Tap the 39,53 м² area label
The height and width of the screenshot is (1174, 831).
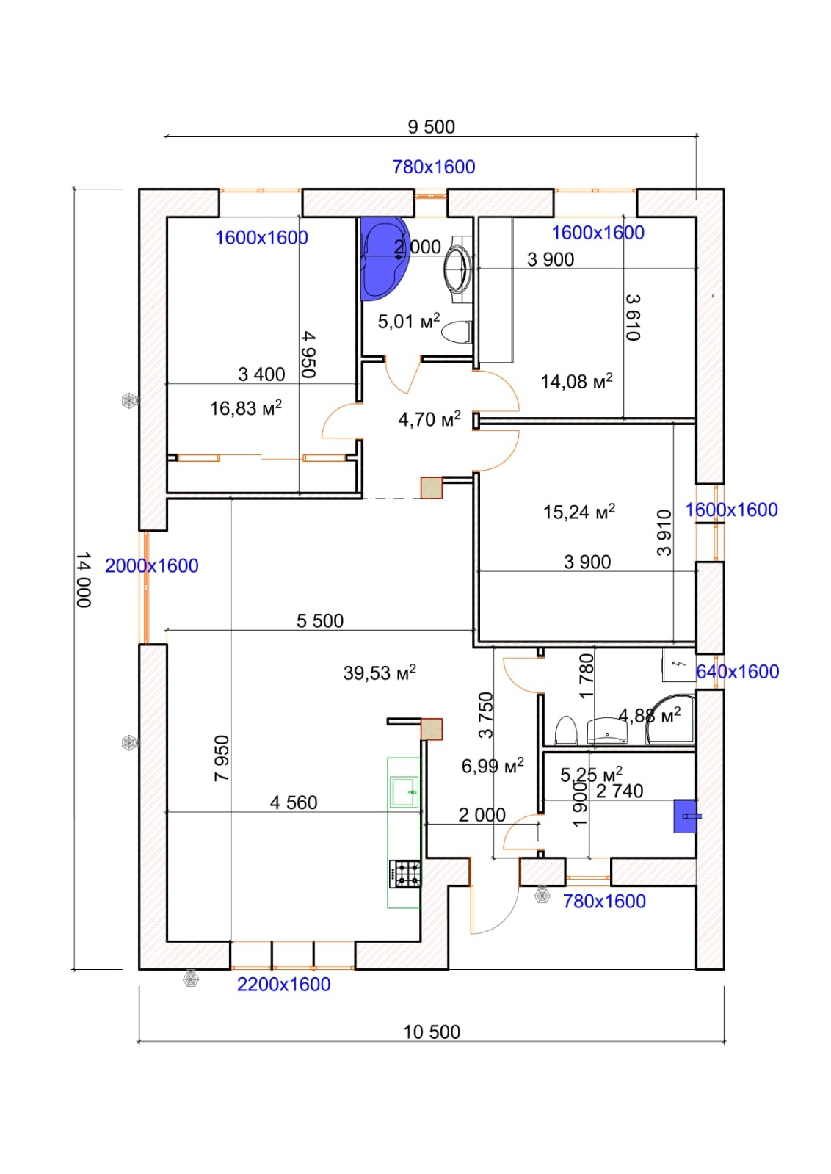point(380,673)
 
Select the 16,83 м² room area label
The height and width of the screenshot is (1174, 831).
point(246,407)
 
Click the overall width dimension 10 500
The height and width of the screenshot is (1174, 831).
point(432,1032)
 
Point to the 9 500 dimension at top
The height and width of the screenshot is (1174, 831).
point(432,127)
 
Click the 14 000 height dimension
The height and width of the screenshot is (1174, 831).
point(84,580)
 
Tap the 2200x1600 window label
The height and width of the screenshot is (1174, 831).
point(283,984)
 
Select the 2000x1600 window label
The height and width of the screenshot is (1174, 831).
point(152,565)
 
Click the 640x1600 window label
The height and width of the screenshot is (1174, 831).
point(737,671)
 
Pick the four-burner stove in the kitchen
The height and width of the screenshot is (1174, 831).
point(405,874)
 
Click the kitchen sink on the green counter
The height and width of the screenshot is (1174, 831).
point(404,792)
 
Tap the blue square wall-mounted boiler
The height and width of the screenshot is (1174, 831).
point(686,816)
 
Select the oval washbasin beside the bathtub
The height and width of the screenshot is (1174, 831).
point(457,269)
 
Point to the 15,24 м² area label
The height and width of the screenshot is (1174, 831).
point(579,512)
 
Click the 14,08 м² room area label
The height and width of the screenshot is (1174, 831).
point(577,381)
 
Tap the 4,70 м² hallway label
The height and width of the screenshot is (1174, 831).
point(429,419)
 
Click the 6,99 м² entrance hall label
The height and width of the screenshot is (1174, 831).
point(493,766)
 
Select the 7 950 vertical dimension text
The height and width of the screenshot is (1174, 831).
point(222,758)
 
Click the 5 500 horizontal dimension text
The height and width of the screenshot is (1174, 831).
point(320,620)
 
